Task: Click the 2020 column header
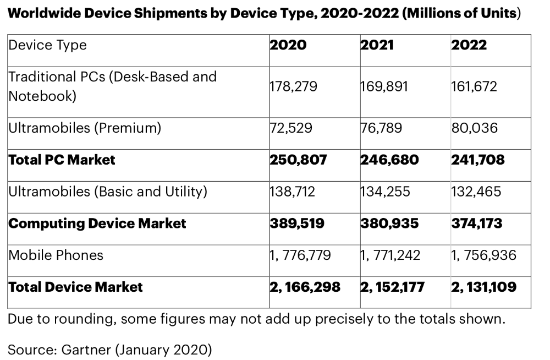click(288, 45)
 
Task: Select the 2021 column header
click(377, 45)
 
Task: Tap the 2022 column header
click(469, 45)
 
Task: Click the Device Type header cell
click(47, 45)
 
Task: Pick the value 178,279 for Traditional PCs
click(293, 86)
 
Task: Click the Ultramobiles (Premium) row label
click(85, 128)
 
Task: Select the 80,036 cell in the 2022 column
click(474, 128)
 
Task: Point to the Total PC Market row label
click(62, 160)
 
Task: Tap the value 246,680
click(389, 160)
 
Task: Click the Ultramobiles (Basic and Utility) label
click(108, 192)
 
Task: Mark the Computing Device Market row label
click(97, 223)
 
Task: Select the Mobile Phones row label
click(56, 255)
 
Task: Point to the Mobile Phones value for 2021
click(391, 255)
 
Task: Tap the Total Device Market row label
click(75, 287)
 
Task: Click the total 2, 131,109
click(484, 287)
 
